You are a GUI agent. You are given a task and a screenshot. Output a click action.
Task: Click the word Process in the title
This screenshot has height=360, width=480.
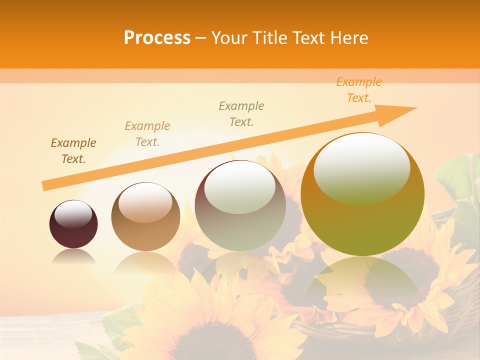(x=157, y=38)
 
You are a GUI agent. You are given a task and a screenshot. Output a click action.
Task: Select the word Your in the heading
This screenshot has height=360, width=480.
(x=229, y=38)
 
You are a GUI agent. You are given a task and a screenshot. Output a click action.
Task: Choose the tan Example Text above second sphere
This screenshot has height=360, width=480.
(x=147, y=134)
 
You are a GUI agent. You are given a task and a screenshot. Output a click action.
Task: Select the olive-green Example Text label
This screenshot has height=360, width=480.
(x=241, y=114)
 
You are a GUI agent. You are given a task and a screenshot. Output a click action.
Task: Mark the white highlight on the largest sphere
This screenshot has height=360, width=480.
(x=362, y=167)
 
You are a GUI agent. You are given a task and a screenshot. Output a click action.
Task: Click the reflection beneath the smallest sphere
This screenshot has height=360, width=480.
(x=73, y=257)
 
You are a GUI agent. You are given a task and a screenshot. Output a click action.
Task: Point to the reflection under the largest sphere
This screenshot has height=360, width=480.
(x=362, y=275)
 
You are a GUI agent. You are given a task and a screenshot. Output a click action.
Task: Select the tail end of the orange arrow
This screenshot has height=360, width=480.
(x=46, y=185)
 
